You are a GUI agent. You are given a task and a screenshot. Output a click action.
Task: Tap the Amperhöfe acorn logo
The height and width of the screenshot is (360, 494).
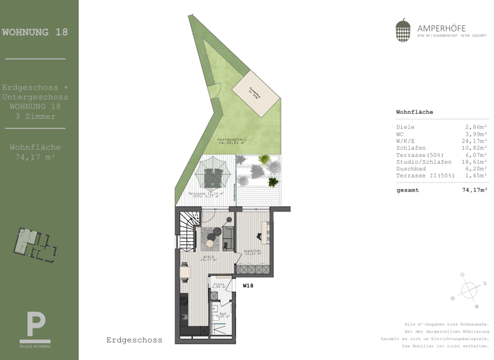point(403,30)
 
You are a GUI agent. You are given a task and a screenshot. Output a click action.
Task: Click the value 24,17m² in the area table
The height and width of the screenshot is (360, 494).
point(476,141)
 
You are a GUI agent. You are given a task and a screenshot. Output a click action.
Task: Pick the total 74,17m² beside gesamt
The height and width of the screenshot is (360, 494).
point(475,190)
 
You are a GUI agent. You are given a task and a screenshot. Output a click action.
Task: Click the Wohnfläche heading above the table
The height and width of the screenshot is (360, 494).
point(414,112)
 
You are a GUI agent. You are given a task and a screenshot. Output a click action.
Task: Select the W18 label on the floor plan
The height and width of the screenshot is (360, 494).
point(248,285)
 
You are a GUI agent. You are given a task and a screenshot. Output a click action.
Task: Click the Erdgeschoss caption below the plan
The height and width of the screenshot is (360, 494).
point(134,339)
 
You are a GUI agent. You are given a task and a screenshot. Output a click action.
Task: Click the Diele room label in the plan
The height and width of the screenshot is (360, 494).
point(219,283)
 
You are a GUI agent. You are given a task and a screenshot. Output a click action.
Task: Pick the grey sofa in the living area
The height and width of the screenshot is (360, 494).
point(228,240)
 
